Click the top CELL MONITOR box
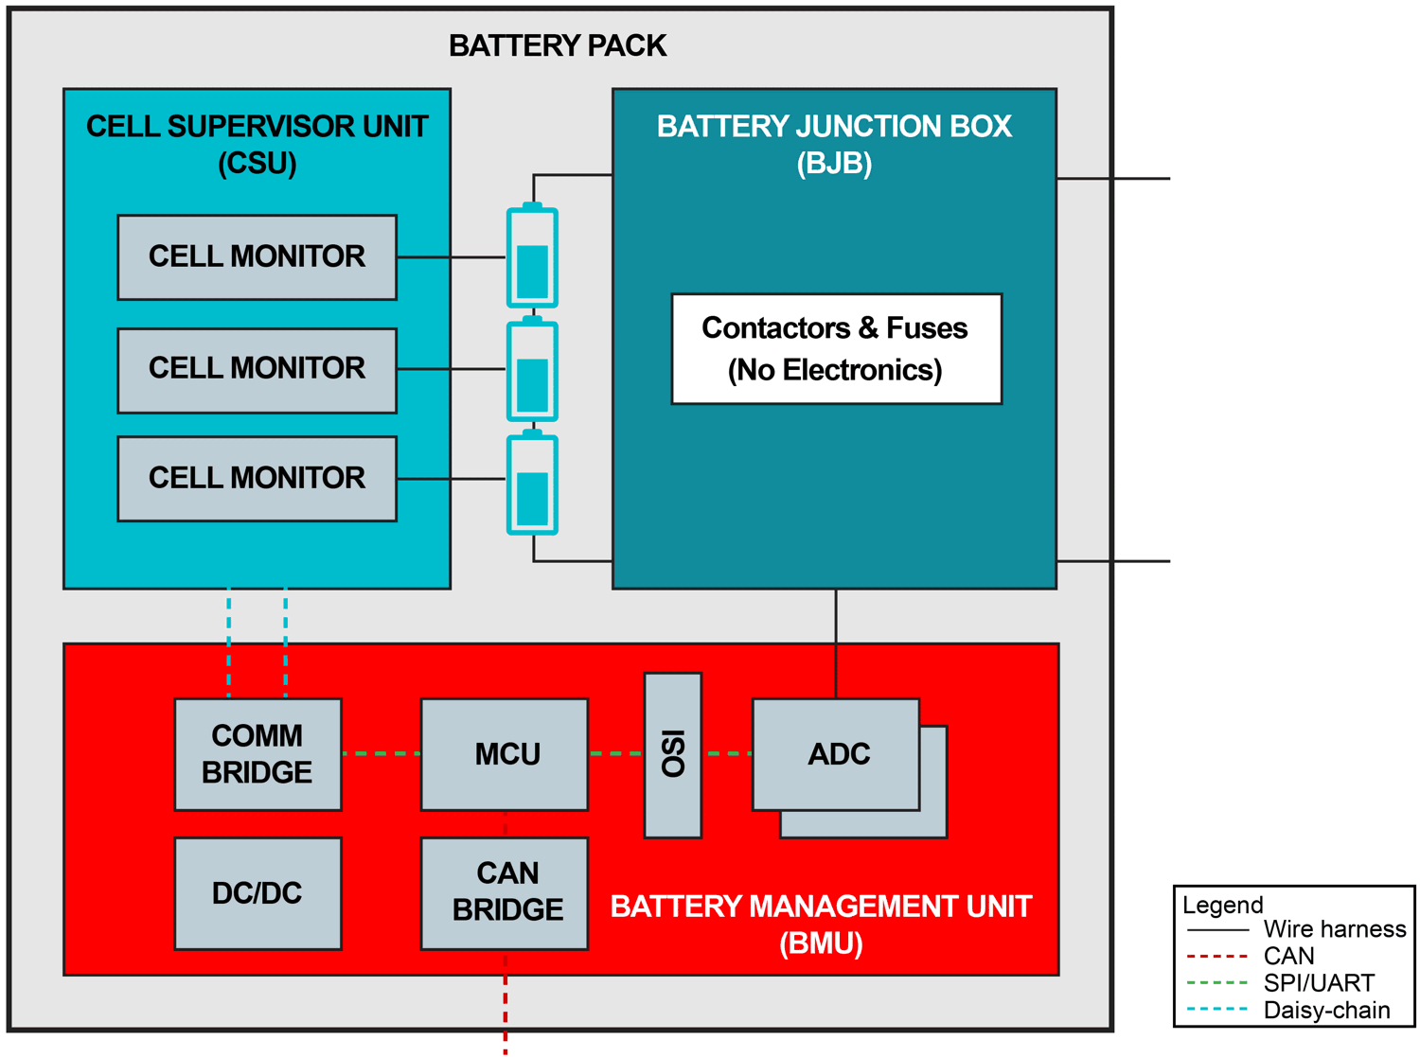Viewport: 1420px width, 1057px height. tap(257, 256)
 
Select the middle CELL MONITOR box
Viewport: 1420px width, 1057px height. tap(257, 370)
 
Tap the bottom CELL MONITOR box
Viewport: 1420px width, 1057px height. tap(257, 479)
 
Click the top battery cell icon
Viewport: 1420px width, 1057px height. tap(532, 257)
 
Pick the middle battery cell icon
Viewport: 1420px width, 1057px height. tap(532, 371)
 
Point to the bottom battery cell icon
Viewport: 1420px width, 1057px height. tap(532, 484)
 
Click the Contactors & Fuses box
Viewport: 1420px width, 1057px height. tap(836, 349)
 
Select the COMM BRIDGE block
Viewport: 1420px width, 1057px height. tap(257, 754)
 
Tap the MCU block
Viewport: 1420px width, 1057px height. tap(504, 754)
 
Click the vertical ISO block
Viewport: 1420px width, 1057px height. tap(672, 754)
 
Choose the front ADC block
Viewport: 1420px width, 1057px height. tap(835, 754)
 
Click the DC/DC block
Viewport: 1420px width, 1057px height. tap(257, 892)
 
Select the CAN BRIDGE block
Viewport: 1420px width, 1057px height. tap(504, 892)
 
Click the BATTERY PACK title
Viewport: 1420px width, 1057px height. tap(558, 45)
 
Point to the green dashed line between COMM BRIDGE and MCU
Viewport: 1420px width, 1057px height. tap(381, 753)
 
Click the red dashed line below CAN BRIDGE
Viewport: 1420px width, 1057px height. tap(506, 1003)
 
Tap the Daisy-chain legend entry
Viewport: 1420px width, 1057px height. tap(1325, 1010)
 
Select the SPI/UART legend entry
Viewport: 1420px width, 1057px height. tap(1318, 983)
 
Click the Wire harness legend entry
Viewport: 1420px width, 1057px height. tap(1334, 929)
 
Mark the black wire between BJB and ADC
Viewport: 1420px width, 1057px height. tap(836, 643)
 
